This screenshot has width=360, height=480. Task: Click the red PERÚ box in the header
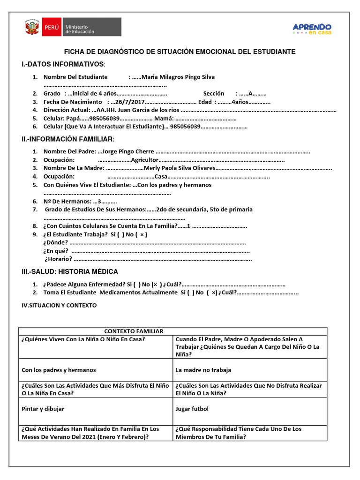[51, 28]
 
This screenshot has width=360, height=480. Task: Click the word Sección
[214, 93]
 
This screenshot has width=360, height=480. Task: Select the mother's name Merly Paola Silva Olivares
[180, 168]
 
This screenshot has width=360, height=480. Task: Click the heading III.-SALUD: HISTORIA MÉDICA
[70, 272]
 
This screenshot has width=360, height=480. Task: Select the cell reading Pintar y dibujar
[43, 409]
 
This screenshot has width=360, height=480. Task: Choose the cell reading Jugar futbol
[192, 409]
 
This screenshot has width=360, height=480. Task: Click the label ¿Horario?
[58, 259]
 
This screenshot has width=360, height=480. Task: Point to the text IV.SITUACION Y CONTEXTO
[59, 305]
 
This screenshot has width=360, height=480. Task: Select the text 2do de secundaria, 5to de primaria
[205, 210]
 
